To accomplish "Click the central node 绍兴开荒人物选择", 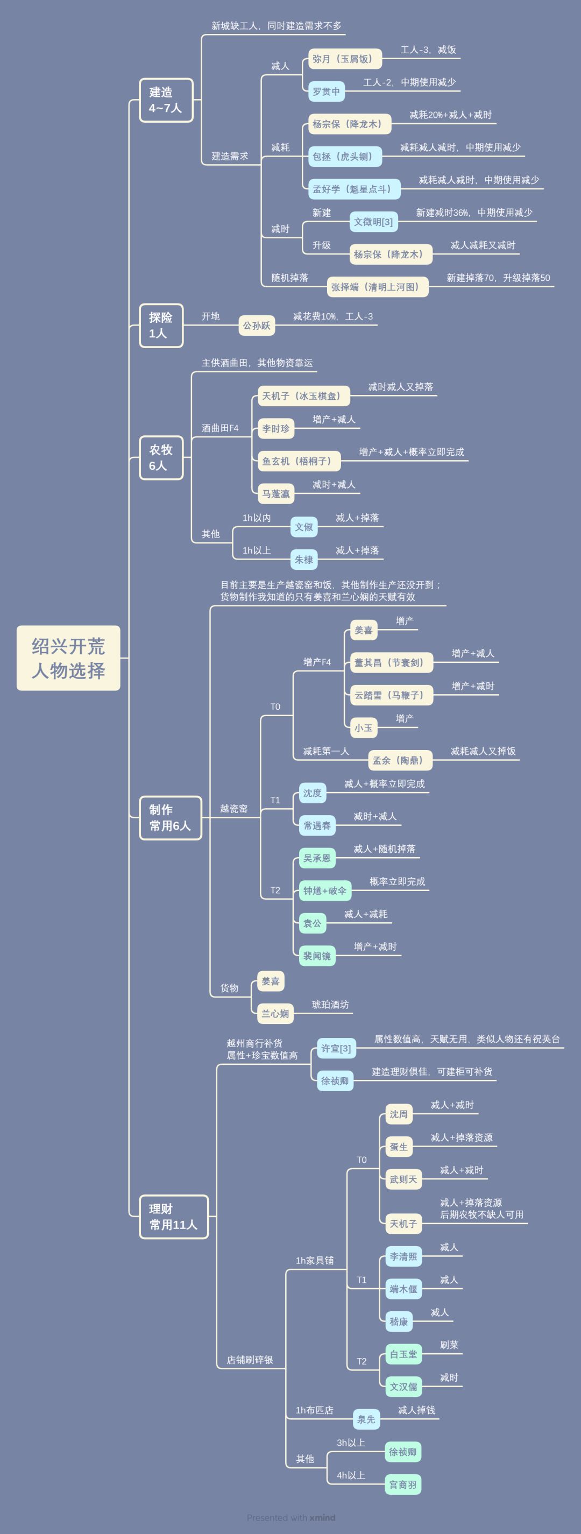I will click(x=68, y=658).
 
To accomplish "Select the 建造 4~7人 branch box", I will click(x=166, y=100).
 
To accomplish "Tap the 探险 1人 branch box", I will click(x=161, y=325).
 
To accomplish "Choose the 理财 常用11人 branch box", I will click(x=174, y=1217).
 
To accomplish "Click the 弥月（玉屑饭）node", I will click(x=345, y=59).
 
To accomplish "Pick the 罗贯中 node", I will click(x=326, y=91).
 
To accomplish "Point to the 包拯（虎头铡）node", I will click(x=345, y=157).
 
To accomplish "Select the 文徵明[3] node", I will click(x=373, y=222).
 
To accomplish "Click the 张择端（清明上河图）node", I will click(x=378, y=287).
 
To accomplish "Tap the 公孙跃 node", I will click(x=257, y=325).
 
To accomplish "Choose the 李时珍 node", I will click(x=275, y=428).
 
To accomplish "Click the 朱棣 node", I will click(x=303, y=559).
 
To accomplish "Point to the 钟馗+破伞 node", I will click(x=324, y=890).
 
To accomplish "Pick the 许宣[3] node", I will click(x=336, y=1048).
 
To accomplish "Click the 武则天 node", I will click(x=403, y=1179).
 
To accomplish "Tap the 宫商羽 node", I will click(x=402, y=1484).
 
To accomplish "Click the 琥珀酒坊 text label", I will click(x=330, y=1005).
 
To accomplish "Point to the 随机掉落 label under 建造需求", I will click(x=289, y=278).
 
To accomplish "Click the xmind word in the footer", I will click(x=322, y=1517).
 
